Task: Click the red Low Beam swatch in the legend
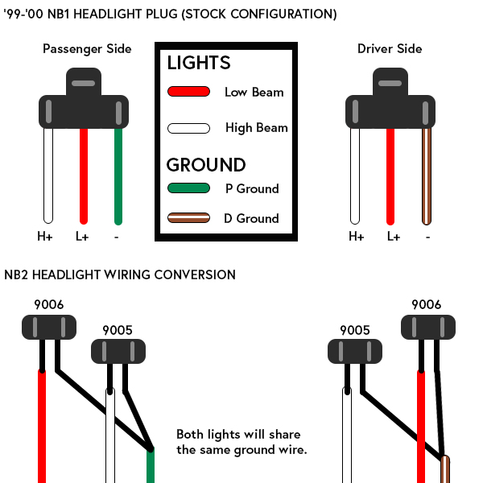coord(188,92)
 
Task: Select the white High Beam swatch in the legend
coord(188,128)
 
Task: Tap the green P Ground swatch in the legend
coord(188,188)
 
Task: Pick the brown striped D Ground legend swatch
coord(188,218)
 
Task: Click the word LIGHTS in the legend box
coord(199,63)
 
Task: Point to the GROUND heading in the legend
coord(206,165)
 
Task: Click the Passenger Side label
coord(87,49)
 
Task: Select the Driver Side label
coord(390,49)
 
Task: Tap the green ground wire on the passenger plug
coord(118,176)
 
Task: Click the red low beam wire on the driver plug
coord(390,176)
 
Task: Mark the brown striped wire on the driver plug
coord(427,176)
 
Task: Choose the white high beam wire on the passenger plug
coord(48,175)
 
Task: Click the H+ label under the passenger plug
coord(45,237)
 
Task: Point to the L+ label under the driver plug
coord(394,237)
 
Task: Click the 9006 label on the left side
coord(48,304)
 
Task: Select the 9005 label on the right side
coord(355,331)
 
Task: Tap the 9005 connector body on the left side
coord(118,351)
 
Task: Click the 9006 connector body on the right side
coord(428,327)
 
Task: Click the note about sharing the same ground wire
coord(242,442)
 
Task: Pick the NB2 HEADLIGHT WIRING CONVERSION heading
coord(120,275)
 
